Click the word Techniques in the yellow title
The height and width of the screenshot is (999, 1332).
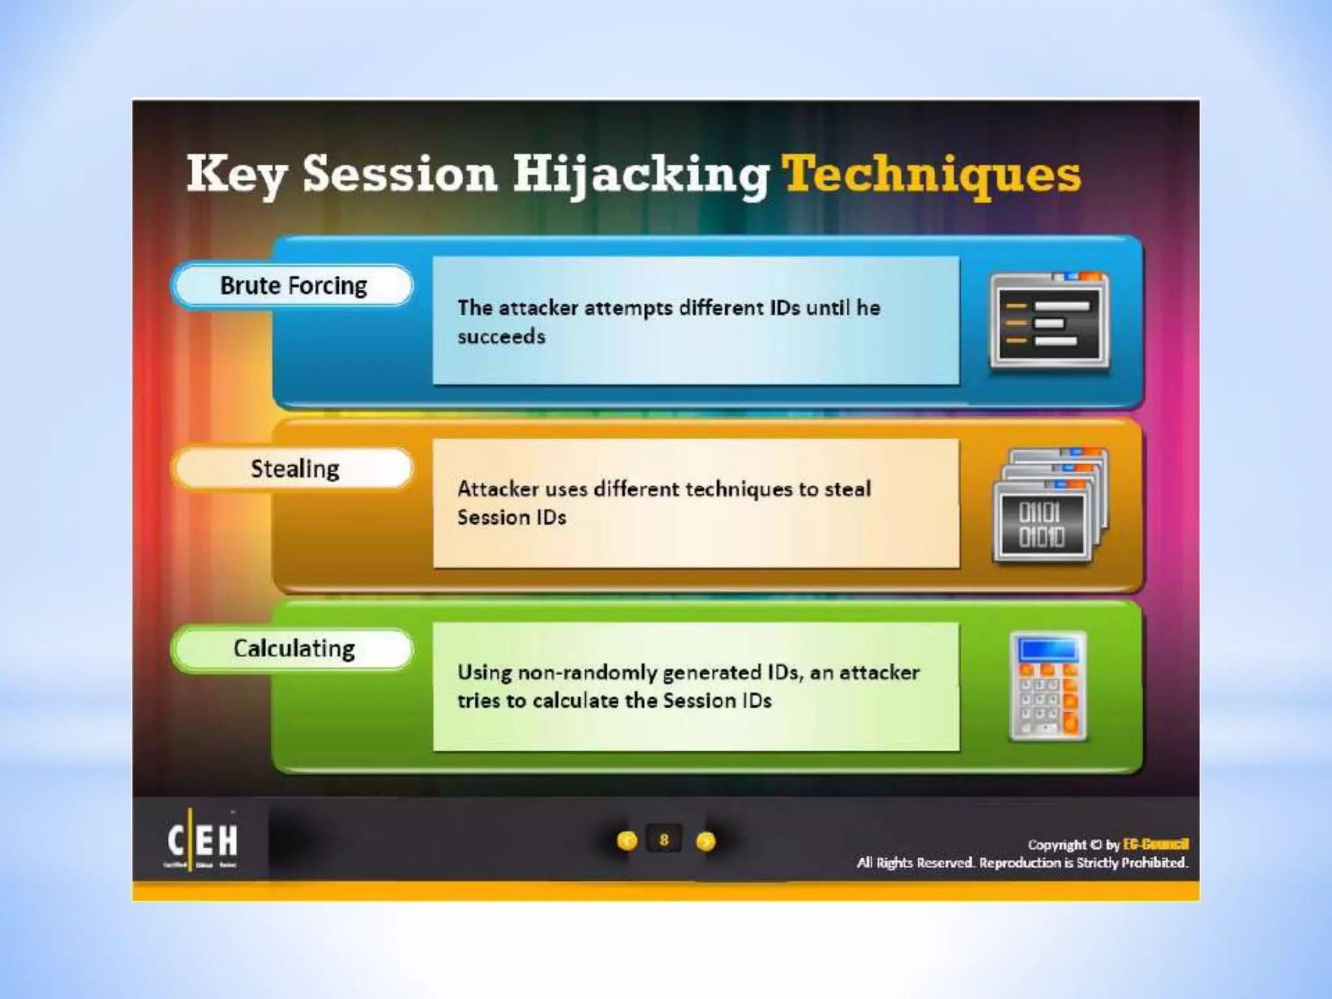[x=931, y=174]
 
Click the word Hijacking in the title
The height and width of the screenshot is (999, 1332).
[x=641, y=174]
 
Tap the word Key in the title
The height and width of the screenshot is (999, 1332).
[x=235, y=174]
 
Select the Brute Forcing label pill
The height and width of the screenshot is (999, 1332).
[x=293, y=286]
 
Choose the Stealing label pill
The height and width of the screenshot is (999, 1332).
[x=294, y=468]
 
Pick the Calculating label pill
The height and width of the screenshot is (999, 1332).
[x=293, y=648]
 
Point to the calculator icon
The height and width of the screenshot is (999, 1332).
[x=1048, y=687]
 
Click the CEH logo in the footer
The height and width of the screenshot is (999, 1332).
[x=202, y=840]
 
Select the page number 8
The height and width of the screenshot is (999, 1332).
[x=663, y=840]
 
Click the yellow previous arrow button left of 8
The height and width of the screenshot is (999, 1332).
[x=627, y=842]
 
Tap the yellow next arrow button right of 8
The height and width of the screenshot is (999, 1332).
[x=705, y=842]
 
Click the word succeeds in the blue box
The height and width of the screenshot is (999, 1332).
[x=501, y=337]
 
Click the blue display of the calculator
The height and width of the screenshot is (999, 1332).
[x=1048, y=649]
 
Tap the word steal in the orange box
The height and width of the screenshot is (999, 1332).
[x=847, y=489]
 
